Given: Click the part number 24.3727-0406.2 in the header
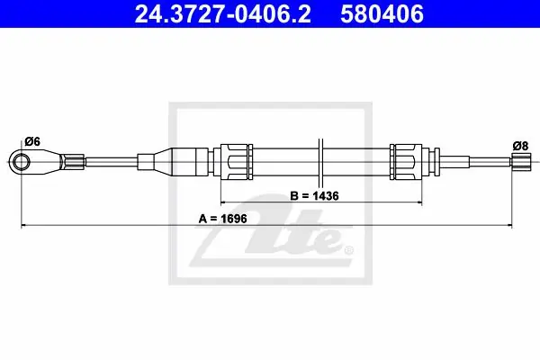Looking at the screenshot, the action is pyautogui.click(x=223, y=14).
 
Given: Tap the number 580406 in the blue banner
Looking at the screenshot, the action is pyautogui.click(x=382, y=14).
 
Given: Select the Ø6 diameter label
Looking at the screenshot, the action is pyautogui.click(x=32, y=141).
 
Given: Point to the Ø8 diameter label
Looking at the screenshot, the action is pyautogui.click(x=520, y=146).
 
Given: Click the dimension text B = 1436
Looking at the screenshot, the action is pyautogui.click(x=314, y=195).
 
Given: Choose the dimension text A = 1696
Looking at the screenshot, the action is pyautogui.click(x=223, y=219).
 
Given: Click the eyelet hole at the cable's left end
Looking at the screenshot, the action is pyautogui.click(x=22, y=162).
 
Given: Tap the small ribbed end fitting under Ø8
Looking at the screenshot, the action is pyautogui.click(x=521, y=162).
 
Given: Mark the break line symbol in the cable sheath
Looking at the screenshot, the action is pyautogui.click(x=320, y=162).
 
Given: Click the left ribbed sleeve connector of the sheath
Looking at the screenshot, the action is pyautogui.click(x=233, y=162).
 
